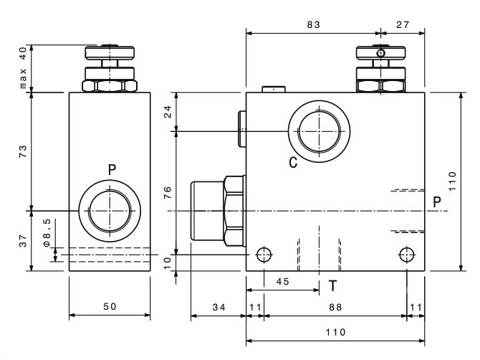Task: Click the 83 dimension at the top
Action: point(314,25)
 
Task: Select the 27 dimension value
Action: point(403,25)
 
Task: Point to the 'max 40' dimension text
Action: point(23,68)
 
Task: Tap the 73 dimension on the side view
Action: point(23,151)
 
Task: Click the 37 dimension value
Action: point(23,241)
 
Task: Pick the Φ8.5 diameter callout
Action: point(47,233)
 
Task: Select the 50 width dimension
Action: point(110,307)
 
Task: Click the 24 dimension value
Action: point(168,112)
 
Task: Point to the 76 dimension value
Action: point(168,193)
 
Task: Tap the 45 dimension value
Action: point(282,282)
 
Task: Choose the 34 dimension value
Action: point(219,308)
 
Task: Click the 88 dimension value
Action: point(335,308)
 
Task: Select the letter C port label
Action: point(293,162)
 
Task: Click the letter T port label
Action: point(332,286)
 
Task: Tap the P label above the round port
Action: point(112,169)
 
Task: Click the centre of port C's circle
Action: point(320,131)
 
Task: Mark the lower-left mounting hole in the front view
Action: point(264,255)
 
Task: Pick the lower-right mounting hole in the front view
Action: point(407,255)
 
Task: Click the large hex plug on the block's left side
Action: point(218,211)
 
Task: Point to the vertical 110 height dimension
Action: point(453,181)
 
